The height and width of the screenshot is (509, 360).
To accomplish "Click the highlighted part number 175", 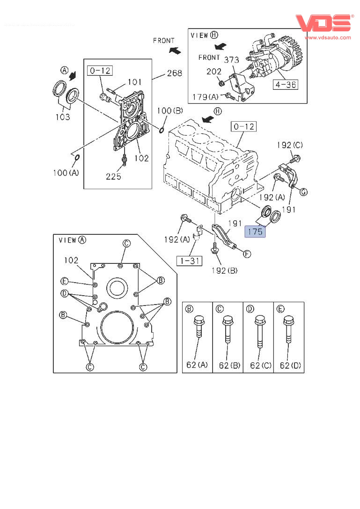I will pyautogui.click(x=255, y=231).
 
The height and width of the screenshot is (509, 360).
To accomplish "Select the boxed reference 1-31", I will pyautogui.click(x=189, y=261).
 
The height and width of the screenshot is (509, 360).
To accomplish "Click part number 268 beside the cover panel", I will pyautogui.click(x=174, y=73).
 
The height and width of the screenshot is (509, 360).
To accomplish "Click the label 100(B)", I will pyautogui.click(x=170, y=111).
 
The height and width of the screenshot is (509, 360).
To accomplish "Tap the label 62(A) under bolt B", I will pyautogui.click(x=197, y=365).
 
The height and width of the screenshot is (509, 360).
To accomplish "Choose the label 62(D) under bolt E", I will pyautogui.click(x=288, y=365).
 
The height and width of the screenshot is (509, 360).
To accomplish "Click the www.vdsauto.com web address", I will pyautogui.click(x=328, y=37).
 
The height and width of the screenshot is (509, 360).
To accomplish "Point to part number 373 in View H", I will pyautogui.click(x=231, y=60).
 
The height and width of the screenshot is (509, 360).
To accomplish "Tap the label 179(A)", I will pyautogui.click(x=206, y=97).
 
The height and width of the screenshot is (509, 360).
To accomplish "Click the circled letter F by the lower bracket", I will pyautogui.click(x=247, y=254).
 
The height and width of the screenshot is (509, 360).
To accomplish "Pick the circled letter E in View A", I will pyautogui.click(x=65, y=281).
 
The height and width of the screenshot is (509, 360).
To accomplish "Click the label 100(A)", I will pyautogui.click(x=66, y=173).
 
